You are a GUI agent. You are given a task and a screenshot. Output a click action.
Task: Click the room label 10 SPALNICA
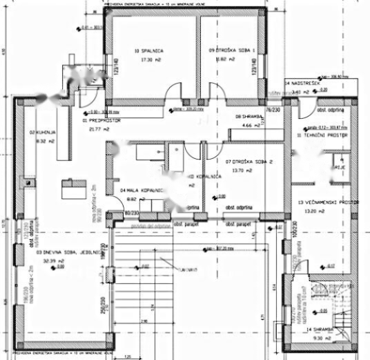tap(148, 50)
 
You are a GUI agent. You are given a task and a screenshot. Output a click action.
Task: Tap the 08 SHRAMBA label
tap(247, 116)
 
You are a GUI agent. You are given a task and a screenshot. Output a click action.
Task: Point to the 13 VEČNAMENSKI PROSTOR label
tap(329, 202)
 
